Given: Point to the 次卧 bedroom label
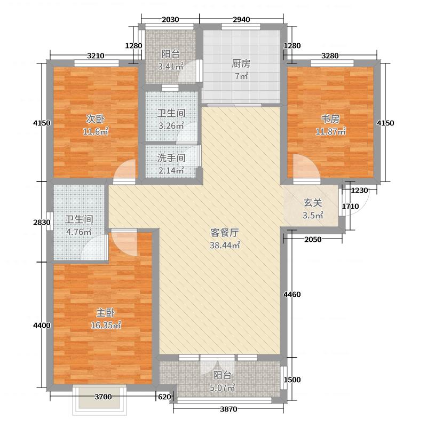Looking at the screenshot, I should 93,118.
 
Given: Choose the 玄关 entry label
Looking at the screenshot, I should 313,203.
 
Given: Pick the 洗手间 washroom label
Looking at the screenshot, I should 171,159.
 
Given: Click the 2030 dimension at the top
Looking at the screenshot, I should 170,20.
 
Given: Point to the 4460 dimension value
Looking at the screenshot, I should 292,295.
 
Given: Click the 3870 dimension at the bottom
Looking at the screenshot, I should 228,409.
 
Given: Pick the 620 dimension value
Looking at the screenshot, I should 163,397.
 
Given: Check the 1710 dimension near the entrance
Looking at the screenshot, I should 350,206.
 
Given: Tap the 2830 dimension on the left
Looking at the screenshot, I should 41,222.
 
